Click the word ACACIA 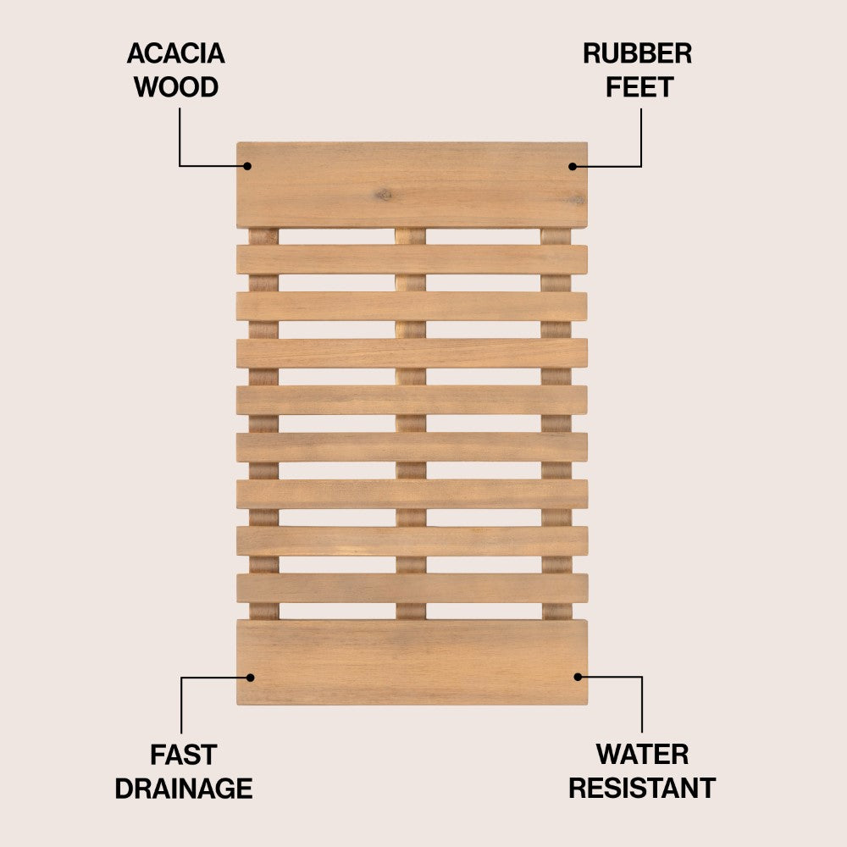coord(175,53)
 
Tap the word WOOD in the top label coord(176,87)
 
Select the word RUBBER coord(638,53)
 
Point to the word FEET coord(639,87)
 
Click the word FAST coord(184,755)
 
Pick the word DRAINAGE coord(184,789)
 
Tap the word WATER coord(642,754)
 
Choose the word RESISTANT coord(642,788)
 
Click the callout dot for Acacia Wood coord(247,166)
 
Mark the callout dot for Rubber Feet coord(573,166)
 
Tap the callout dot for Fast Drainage coord(250,678)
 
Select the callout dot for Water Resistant coord(578,677)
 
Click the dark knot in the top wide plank coord(384,194)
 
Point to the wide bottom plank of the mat coord(412,662)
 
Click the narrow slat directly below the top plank coord(412,260)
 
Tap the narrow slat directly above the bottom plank coord(412,589)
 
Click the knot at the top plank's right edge coord(577,201)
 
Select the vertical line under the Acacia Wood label coord(180,136)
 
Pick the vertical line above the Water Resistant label coord(642,705)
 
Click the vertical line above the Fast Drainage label coord(181,706)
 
